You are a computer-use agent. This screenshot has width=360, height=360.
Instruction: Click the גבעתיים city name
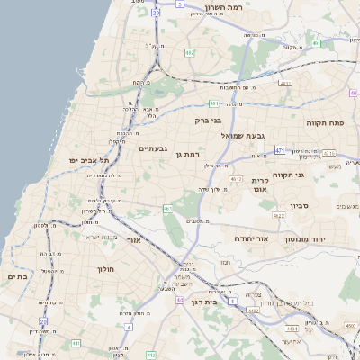153,148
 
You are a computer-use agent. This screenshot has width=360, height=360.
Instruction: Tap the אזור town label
134,240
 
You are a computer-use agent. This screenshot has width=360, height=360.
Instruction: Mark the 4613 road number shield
236,180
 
